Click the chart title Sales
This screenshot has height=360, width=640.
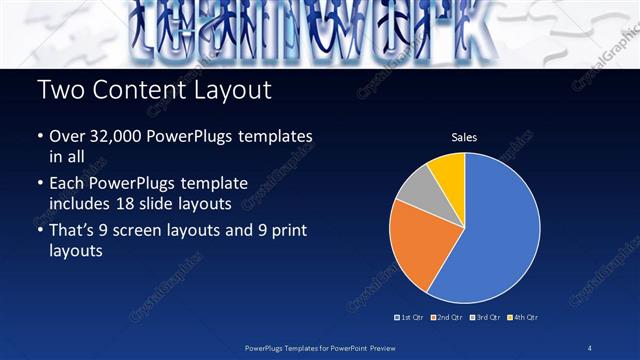click(x=463, y=137)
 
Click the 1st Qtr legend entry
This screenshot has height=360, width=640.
click(x=413, y=317)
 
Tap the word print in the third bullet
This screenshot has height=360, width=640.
click(x=286, y=232)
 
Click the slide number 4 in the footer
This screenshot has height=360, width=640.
click(x=590, y=347)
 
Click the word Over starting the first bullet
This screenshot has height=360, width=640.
click(x=67, y=136)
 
